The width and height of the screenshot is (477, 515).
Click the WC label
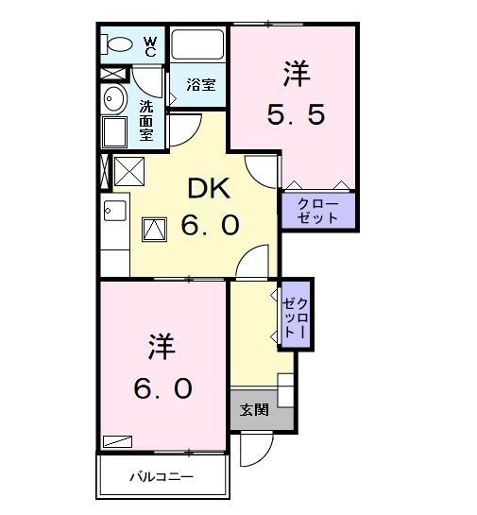150,44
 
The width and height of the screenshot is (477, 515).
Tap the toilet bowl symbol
119,44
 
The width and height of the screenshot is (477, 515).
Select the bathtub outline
197,46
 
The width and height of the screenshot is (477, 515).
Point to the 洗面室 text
147,120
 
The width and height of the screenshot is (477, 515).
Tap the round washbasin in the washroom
113,99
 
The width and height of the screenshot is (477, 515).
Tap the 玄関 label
253,410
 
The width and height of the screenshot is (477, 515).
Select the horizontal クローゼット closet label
316,211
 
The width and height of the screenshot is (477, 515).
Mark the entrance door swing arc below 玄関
255,450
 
